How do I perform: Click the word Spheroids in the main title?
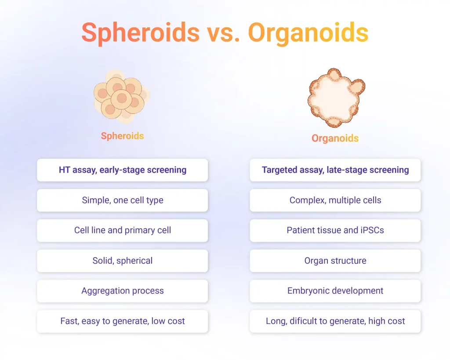(141, 33)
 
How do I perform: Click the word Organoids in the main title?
(308, 33)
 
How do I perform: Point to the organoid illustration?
(336, 97)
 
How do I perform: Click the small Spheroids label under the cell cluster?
(123, 136)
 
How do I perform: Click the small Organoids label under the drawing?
(335, 138)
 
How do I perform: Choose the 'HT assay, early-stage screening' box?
(123, 170)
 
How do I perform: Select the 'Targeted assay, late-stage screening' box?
(335, 170)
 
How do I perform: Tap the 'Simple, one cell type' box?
(123, 200)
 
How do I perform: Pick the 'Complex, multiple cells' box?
(335, 200)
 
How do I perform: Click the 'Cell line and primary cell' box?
(123, 230)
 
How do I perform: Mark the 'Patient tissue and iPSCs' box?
(335, 230)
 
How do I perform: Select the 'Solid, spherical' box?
(123, 261)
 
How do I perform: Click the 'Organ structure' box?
(335, 261)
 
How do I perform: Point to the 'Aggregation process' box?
(123, 291)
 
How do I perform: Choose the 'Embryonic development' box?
(335, 291)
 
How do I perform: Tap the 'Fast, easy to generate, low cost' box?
(123, 321)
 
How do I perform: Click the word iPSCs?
(371, 230)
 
